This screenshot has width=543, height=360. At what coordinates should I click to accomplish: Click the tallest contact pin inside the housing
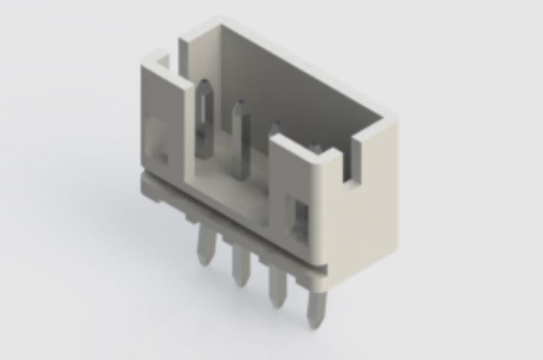point(206,120)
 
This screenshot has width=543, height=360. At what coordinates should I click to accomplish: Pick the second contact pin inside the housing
point(240,138)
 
